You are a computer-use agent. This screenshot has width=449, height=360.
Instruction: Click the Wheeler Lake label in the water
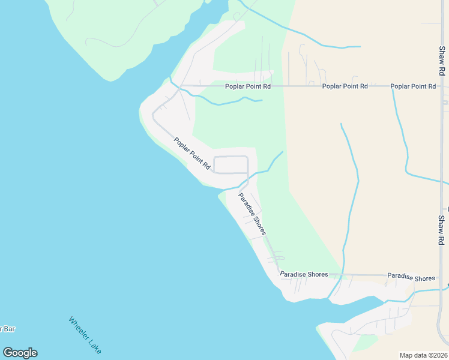coord(85,335)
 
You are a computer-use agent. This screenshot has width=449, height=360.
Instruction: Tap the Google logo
coord(20,353)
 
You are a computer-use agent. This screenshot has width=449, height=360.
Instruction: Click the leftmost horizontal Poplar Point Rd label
coord(248,86)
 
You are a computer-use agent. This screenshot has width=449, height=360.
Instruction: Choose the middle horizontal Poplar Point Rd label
coord(345,86)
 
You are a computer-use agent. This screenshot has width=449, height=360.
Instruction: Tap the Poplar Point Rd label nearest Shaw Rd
coord(413,86)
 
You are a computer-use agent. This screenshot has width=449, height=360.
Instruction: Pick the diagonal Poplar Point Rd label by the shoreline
coord(193,154)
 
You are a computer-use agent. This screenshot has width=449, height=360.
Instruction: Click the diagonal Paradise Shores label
coord(252,213)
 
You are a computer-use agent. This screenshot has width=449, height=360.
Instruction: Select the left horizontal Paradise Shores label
coord(304,275)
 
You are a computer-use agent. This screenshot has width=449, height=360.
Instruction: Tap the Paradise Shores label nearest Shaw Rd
coord(411,278)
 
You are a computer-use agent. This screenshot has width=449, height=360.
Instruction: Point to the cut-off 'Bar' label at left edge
coord(7,329)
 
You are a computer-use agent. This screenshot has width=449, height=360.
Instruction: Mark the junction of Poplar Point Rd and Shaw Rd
coord(442,86)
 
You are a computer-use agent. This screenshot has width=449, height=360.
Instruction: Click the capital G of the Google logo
coord(8,353)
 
